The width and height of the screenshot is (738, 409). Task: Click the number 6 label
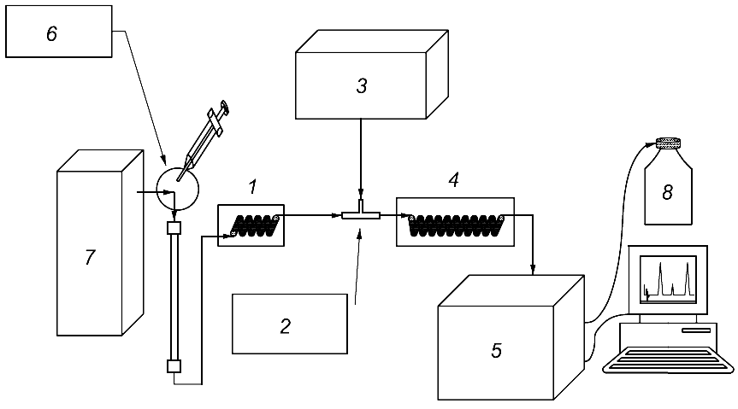pyautogui.click(x=52, y=34)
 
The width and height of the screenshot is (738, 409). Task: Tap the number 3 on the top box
pyautogui.click(x=362, y=86)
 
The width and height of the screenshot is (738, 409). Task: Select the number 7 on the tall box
pyautogui.click(x=90, y=257)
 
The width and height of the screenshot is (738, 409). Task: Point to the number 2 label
pyautogui.click(x=286, y=326)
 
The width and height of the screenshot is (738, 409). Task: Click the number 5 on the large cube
pyautogui.click(x=497, y=351)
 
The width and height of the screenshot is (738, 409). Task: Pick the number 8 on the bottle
pyautogui.click(x=667, y=192)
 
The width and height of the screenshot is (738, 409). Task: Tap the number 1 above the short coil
pyautogui.click(x=253, y=187)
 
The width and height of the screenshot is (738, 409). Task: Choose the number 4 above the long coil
pyautogui.click(x=454, y=179)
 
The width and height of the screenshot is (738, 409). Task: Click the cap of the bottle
pyautogui.click(x=669, y=143)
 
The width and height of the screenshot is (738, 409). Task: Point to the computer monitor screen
pyautogui.click(x=668, y=279)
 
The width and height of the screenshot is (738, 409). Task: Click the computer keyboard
pyautogui.click(x=669, y=359)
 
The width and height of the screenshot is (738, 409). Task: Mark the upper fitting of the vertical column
pyautogui.click(x=174, y=228)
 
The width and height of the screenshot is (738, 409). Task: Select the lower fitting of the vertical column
pyautogui.click(x=174, y=366)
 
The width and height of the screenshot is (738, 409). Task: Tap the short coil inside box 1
pyautogui.click(x=255, y=225)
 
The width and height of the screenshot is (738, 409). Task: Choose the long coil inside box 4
pyautogui.click(x=456, y=225)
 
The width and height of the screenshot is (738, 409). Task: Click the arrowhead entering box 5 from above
pyautogui.click(x=533, y=270)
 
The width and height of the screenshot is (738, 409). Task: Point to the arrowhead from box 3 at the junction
pyautogui.click(x=361, y=194)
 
